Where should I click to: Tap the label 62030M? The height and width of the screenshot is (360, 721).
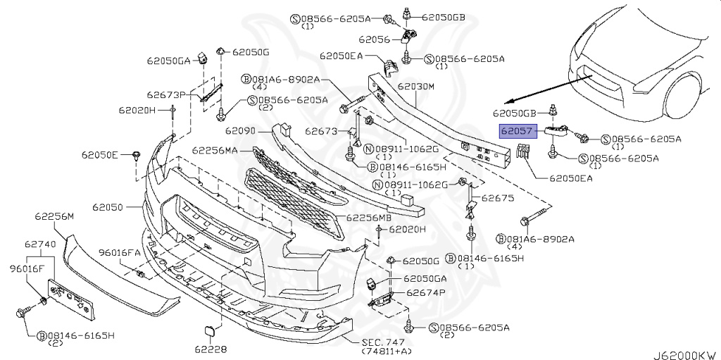click(x=417, y=87)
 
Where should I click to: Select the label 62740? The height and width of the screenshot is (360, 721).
click(x=40, y=244)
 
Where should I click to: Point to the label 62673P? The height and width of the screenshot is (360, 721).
click(x=166, y=94)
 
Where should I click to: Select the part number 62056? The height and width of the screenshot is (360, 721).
click(x=374, y=39)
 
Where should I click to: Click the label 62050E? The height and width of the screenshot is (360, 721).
click(x=100, y=154)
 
